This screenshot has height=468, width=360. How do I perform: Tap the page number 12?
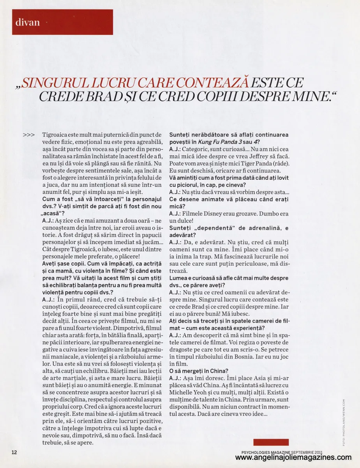(x=14, y=452)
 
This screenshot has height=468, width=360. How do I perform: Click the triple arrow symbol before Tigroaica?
(x=28, y=135)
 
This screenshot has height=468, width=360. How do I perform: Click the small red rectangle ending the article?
(x=271, y=442)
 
